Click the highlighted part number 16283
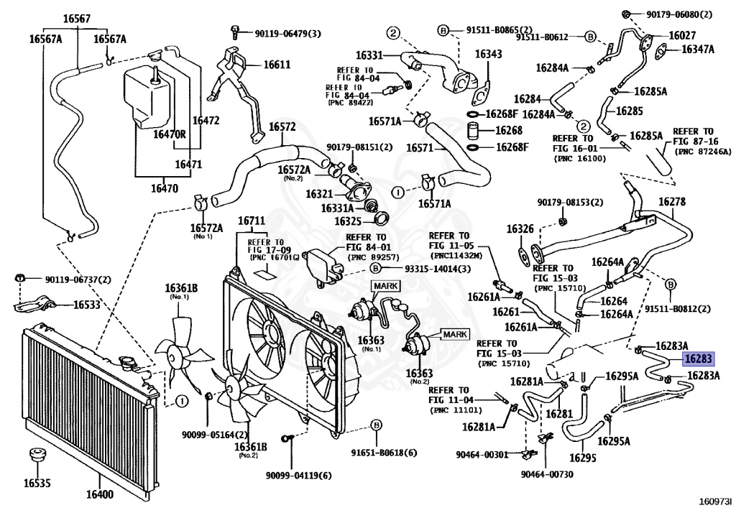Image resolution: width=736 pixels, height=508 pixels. pyautogui.click(x=699, y=359)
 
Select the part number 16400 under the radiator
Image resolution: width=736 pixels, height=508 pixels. pyautogui.click(x=99, y=494)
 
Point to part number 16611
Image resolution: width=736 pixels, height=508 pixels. pyautogui.click(x=277, y=64)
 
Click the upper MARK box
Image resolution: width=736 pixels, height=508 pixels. pyautogui.click(x=386, y=286)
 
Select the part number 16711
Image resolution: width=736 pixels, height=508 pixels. pyautogui.click(x=252, y=221)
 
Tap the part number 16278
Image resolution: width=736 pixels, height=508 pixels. pyautogui.click(x=672, y=202)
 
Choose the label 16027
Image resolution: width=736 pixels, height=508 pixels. pyautogui.click(x=682, y=35)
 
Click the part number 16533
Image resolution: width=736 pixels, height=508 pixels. pyautogui.click(x=87, y=305)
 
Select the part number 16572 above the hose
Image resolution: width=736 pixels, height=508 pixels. pyautogui.click(x=282, y=126)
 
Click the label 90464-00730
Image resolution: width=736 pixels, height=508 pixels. pyautogui.click(x=547, y=474)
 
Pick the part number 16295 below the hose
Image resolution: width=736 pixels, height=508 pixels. pyautogui.click(x=582, y=457)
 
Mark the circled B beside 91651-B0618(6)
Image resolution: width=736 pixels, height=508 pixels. pyautogui.click(x=376, y=425)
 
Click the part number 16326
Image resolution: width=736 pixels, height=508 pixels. pyautogui.click(x=520, y=228)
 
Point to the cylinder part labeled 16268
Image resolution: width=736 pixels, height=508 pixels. pyautogui.click(x=473, y=131)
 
